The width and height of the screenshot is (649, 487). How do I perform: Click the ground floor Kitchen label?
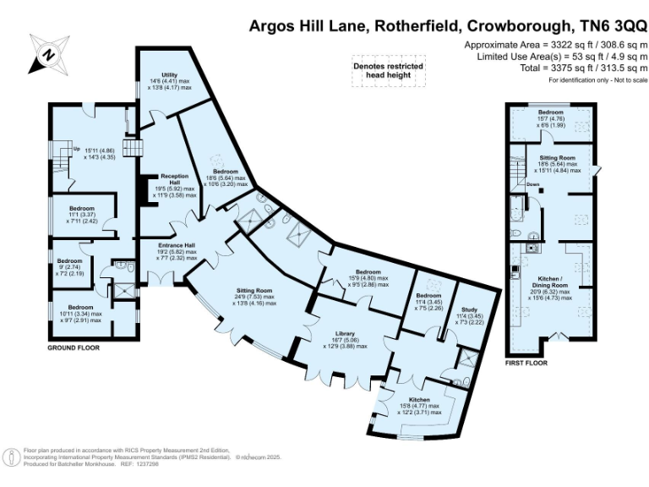(420, 399)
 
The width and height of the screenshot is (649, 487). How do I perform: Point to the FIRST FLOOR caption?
(526, 363)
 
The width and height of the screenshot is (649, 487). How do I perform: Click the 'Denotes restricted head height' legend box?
(388, 70)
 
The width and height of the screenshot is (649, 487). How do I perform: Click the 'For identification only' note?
(598, 79)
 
